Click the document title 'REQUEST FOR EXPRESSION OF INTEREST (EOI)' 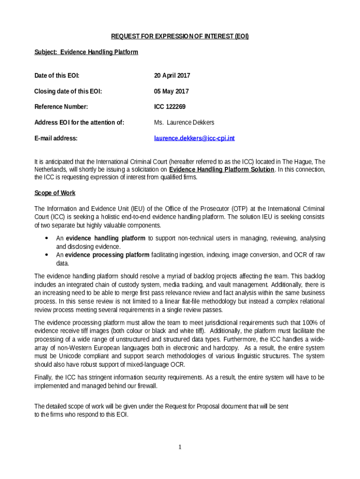(x=180, y=36)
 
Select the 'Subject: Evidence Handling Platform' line (x=86, y=52)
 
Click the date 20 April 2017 (x=172, y=75)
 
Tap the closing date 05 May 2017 (x=171, y=91)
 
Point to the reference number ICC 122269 (x=170, y=107)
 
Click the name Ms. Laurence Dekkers (x=184, y=123)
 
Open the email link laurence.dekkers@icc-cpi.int (x=194, y=138)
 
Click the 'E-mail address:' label (x=56, y=138)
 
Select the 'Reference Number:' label (x=61, y=107)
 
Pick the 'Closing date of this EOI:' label (x=68, y=91)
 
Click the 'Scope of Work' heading (x=55, y=193)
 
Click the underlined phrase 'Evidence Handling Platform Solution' (x=222, y=169)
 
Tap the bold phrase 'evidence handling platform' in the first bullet (x=106, y=238)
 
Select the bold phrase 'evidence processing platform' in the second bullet (x=108, y=255)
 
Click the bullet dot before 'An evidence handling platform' (x=47, y=238)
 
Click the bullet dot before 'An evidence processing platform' (x=47, y=255)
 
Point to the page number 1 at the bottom (x=180, y=447)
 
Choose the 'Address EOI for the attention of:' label (x=79, y=123)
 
